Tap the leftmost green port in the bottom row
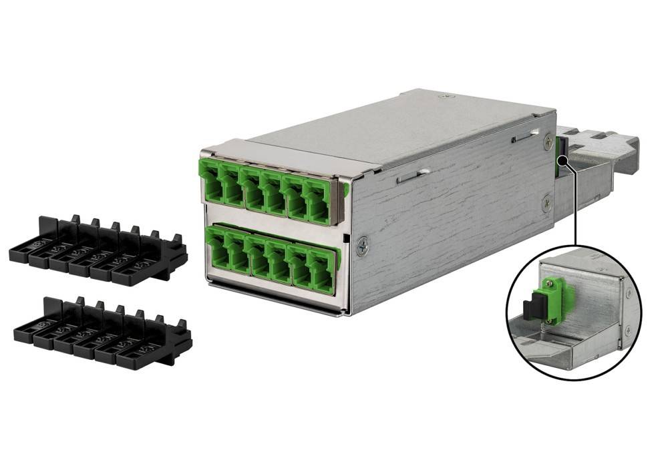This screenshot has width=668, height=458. (x=216, y=248)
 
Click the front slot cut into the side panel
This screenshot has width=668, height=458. (x=409, y=177)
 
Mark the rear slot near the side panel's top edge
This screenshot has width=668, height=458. (x=524, y=137)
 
